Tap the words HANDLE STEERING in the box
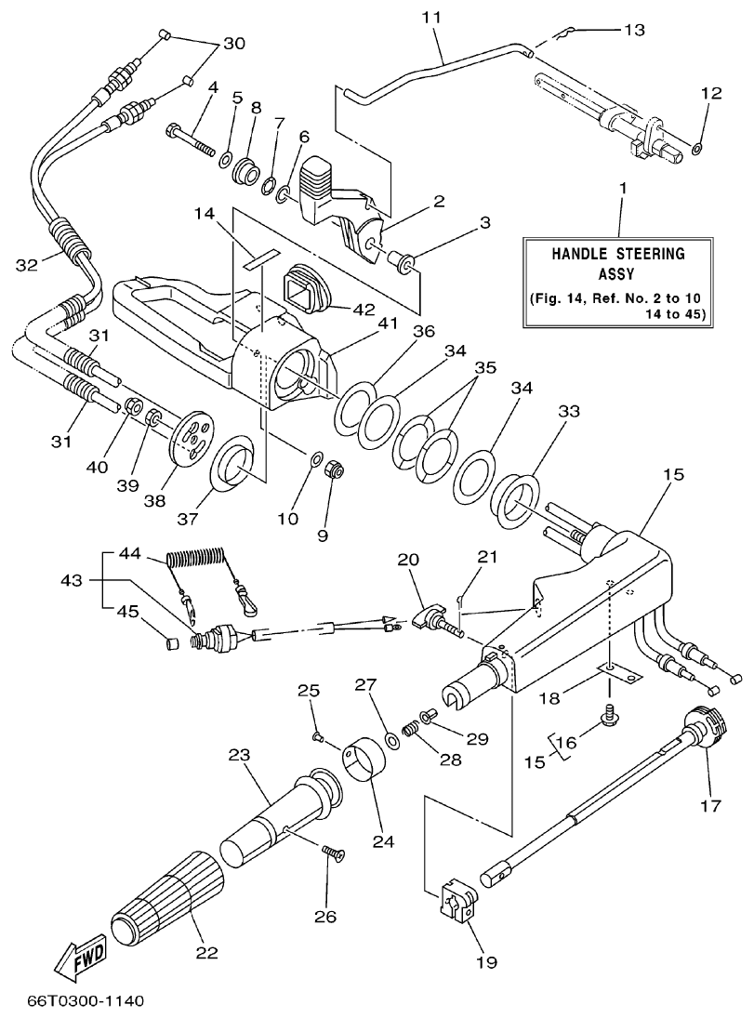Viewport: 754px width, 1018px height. click(618, 253)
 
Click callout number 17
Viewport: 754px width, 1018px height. click(710, 806)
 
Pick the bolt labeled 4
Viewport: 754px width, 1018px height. click(192, 138)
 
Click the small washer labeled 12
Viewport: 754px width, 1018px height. click(697, 147)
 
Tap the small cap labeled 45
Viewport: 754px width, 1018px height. click(170, 642)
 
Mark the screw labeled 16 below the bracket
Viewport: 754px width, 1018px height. click(611, 714)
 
